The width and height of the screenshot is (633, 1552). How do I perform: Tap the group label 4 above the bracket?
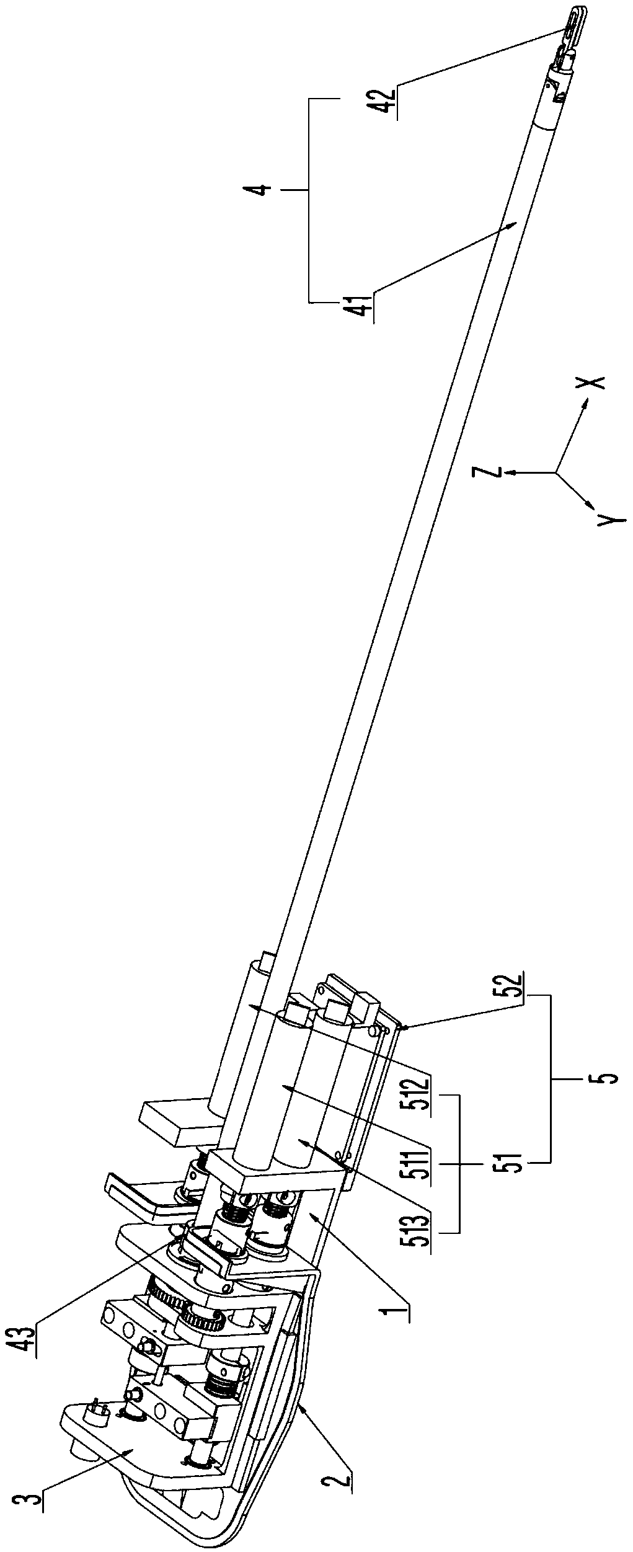pyautogui.click(x=263, y=187)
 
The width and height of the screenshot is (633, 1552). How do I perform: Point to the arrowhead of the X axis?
pyautogui.click(x=585, y=404)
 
